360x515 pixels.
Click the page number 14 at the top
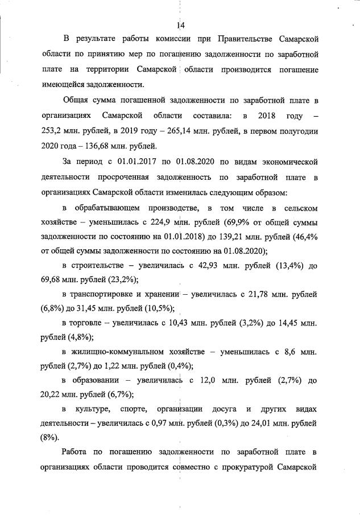(180, 25)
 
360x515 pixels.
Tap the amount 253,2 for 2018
(54, 131)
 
